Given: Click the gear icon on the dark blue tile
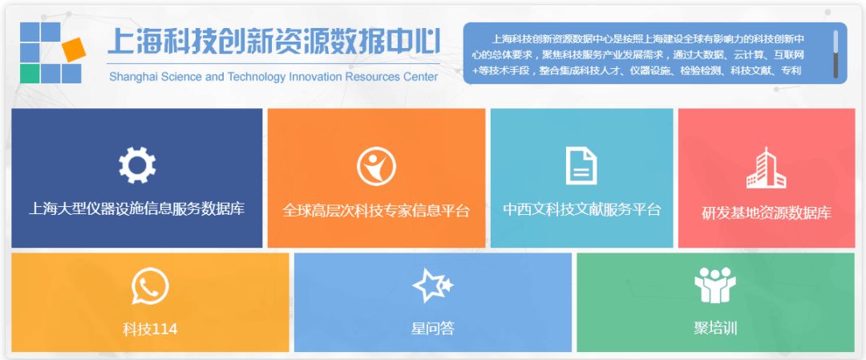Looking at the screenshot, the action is point(137,165).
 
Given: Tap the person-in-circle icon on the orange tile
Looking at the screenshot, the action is point(376,166).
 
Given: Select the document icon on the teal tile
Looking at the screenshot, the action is point(581,165).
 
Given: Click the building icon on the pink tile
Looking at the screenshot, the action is point(766,168).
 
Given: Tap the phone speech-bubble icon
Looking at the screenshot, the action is point(150,286).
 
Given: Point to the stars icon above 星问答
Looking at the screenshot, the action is point(432,285).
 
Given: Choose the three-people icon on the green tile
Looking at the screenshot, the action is point(715,285).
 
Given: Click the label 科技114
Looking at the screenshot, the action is point(150,329).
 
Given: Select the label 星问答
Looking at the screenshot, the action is point(432,329).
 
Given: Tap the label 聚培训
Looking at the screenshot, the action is point(715,328).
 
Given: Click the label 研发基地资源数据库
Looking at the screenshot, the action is point(766,213).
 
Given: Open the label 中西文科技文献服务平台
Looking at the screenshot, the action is point(581,209).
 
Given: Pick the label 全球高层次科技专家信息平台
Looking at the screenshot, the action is point(376,210).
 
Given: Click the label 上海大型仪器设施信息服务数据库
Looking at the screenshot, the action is point(136,208).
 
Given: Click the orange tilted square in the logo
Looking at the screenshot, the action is point(74,50).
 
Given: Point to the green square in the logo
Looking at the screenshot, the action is point(30,74).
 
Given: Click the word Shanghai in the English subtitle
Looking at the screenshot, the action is point(132,77).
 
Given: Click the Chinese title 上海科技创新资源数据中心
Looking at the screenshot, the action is point(274,42).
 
